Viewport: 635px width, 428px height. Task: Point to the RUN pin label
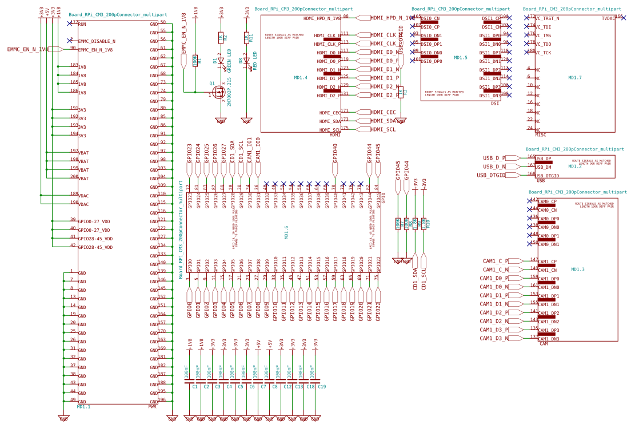[x=82, y=24]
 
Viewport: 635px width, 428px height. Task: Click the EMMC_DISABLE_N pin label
[x=97, y=41]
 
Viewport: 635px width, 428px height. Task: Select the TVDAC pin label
[x=608, y=18]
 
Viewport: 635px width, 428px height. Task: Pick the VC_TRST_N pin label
[x=547, y=18]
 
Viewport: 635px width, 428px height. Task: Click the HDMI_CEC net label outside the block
[x=383, y=112]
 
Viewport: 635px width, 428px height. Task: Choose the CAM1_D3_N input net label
[x=494, y=338]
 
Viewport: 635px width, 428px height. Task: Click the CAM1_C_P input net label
[x=495, y=261]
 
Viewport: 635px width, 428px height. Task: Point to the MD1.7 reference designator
[x=575, y=77]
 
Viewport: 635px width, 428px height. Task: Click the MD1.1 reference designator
[x=83, y=406]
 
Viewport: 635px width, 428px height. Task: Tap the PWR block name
[x=152, y=406]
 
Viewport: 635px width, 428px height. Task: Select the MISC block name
[x=541, y=134]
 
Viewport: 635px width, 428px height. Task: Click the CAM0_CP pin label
[x=547, y=201]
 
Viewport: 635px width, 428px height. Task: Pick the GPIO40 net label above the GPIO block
[x=335, y=153]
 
